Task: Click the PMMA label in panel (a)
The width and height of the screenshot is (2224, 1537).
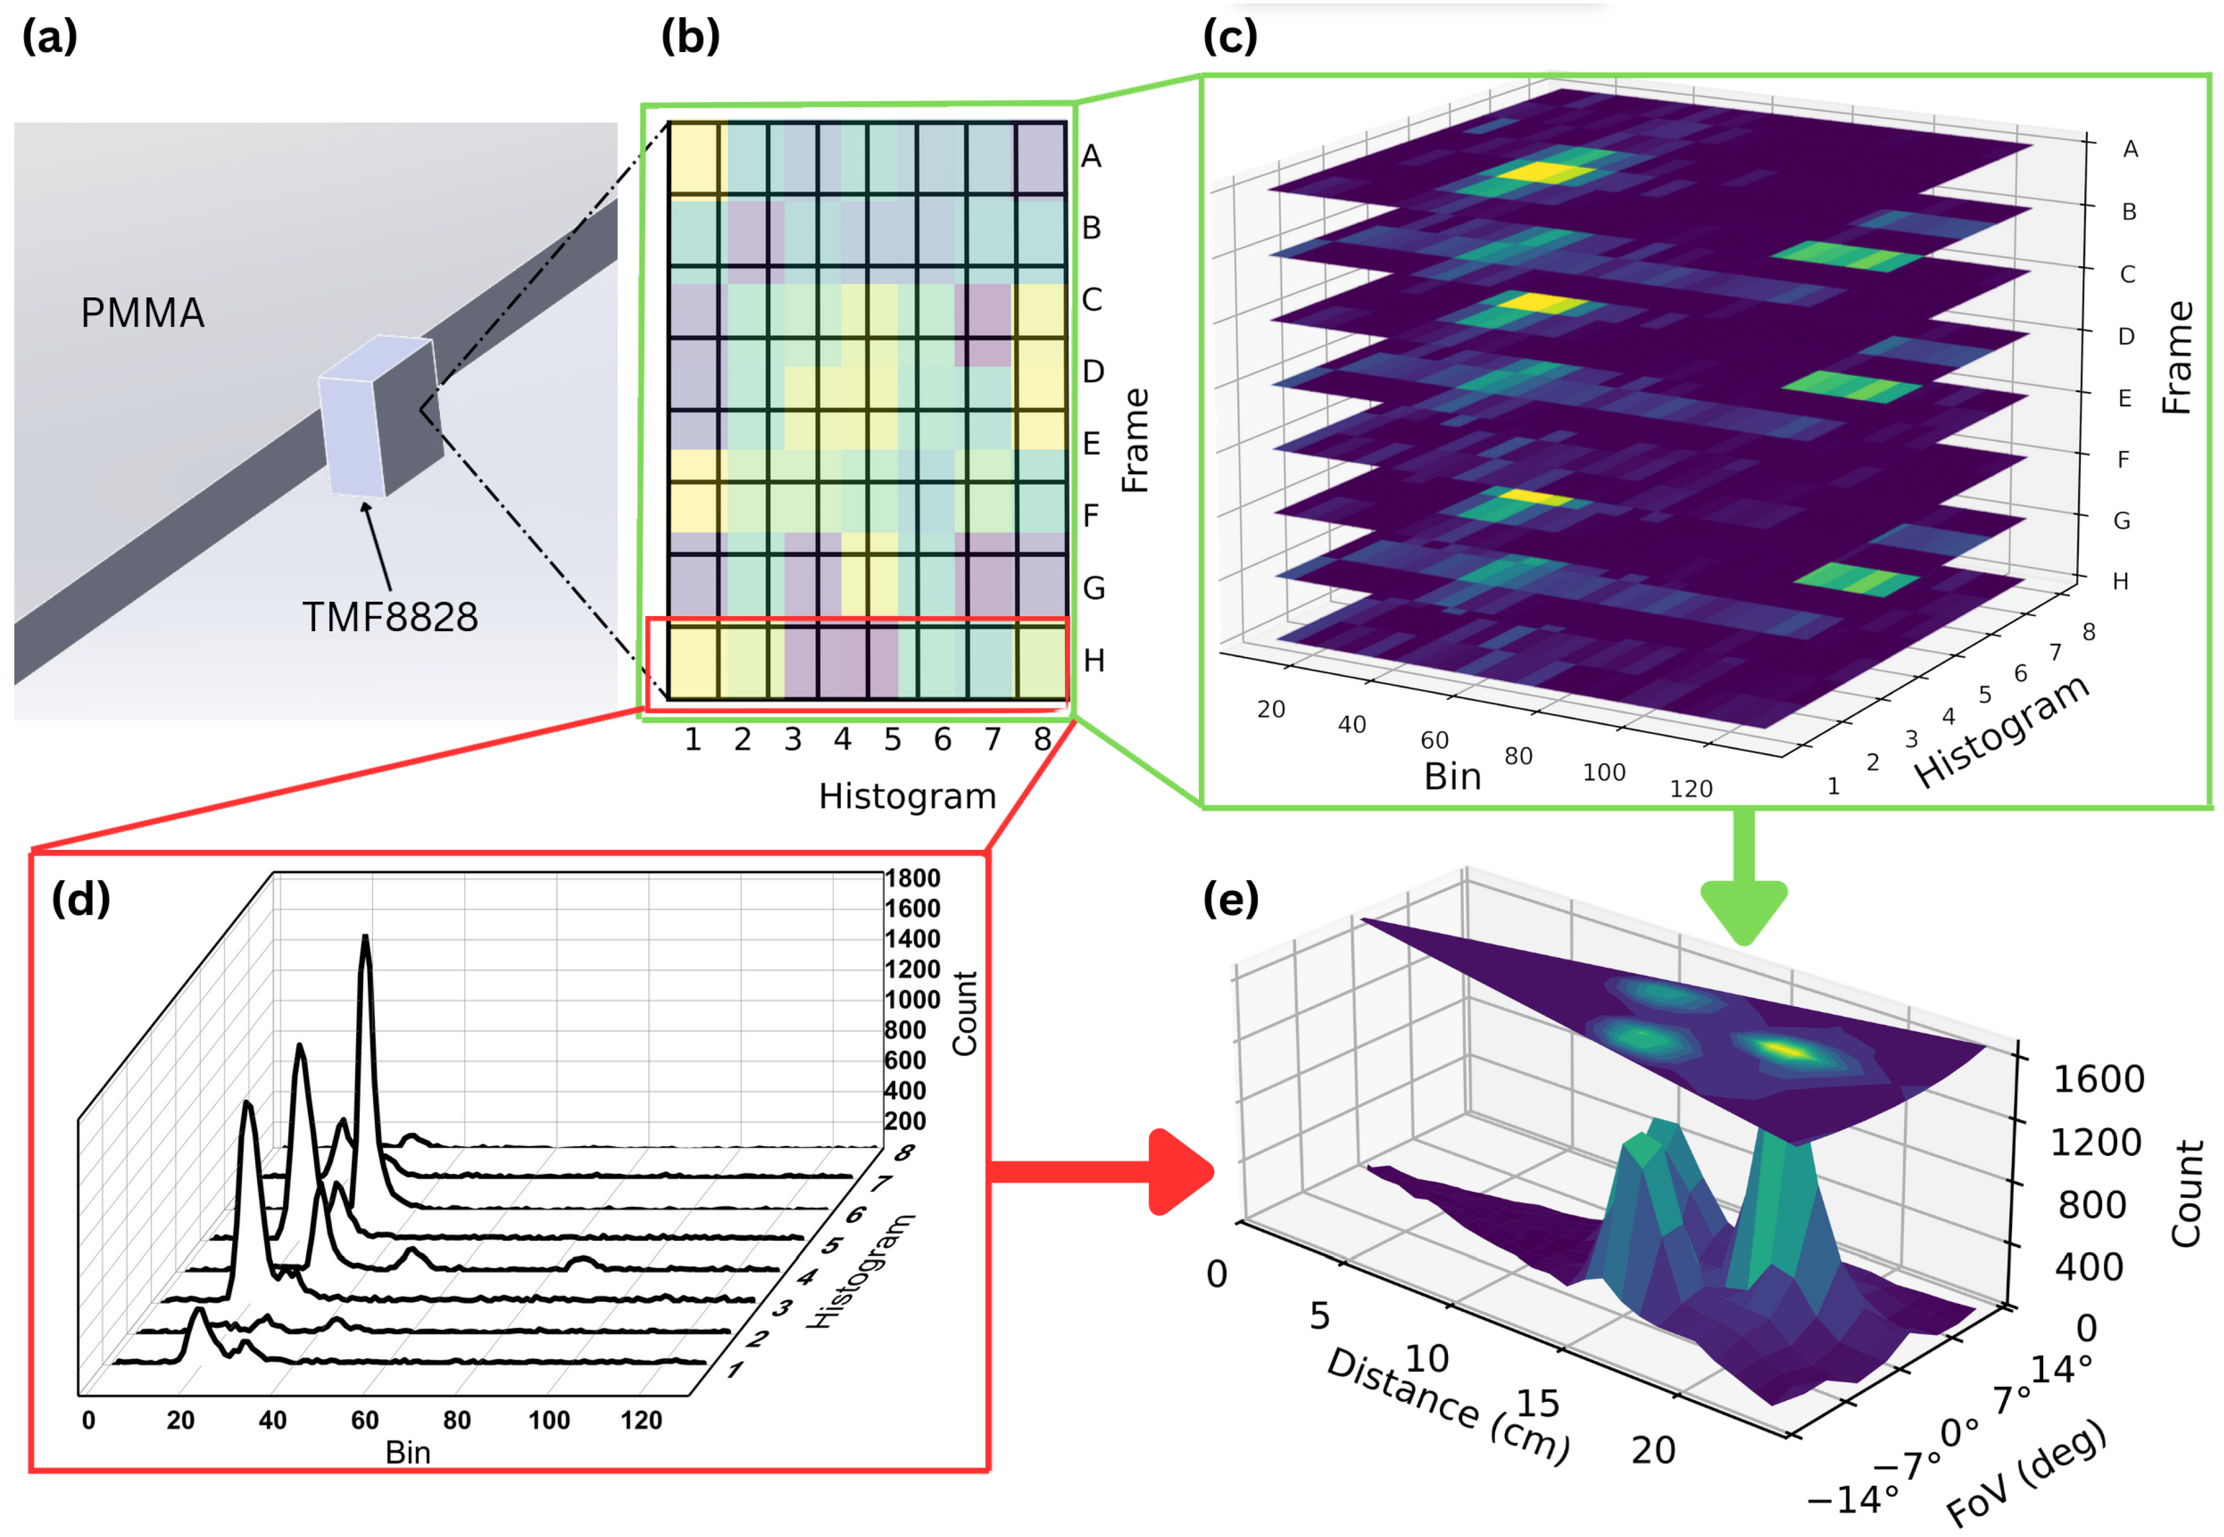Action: click(143, 313)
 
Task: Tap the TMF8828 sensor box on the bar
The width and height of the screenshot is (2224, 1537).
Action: click(378, 416)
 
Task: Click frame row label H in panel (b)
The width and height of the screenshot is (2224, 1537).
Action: click(1093, 661)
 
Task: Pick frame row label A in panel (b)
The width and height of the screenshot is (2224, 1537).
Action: click(1090, 156)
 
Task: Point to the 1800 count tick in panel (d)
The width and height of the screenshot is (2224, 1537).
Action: click(912, 878)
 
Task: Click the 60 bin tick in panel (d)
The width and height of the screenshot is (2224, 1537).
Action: click(364, 1420)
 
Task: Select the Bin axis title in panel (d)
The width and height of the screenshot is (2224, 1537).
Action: click(407, 1452)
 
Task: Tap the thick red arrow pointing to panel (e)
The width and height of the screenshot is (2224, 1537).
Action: click(1098, 1172)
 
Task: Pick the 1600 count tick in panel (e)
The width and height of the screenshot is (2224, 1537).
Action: click(2098, 1080)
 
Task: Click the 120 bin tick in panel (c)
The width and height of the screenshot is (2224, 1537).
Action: click(1690, 789)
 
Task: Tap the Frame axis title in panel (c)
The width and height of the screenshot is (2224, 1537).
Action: click(2176, 358)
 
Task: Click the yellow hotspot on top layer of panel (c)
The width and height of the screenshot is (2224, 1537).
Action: click(1538, 173)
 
